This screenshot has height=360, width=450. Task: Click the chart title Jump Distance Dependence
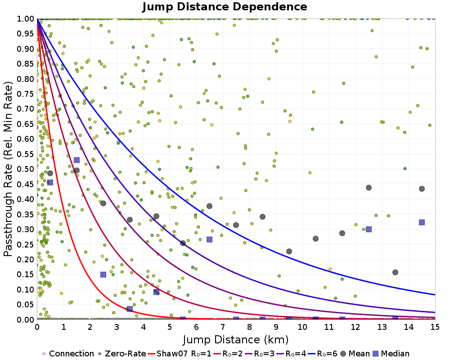click(225, 7)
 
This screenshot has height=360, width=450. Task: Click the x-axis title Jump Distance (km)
click(236, 340)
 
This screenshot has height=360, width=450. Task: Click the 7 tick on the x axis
click(223, 327)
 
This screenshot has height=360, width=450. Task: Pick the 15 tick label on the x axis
click(435, 327)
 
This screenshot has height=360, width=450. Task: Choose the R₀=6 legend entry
click(323, 353)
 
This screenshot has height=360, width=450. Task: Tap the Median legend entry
click(391, 353)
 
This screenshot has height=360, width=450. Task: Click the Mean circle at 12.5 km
click(369, 188)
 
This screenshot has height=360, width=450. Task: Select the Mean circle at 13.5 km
click(395, 272)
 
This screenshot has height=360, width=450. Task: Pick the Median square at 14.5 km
click(422, 222)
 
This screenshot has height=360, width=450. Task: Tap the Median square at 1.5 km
click(76, 160)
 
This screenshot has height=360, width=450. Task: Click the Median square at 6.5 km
click(210, 239)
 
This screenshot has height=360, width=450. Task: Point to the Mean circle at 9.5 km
click(289, 252)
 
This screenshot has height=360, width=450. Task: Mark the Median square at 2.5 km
click(103, 275)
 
